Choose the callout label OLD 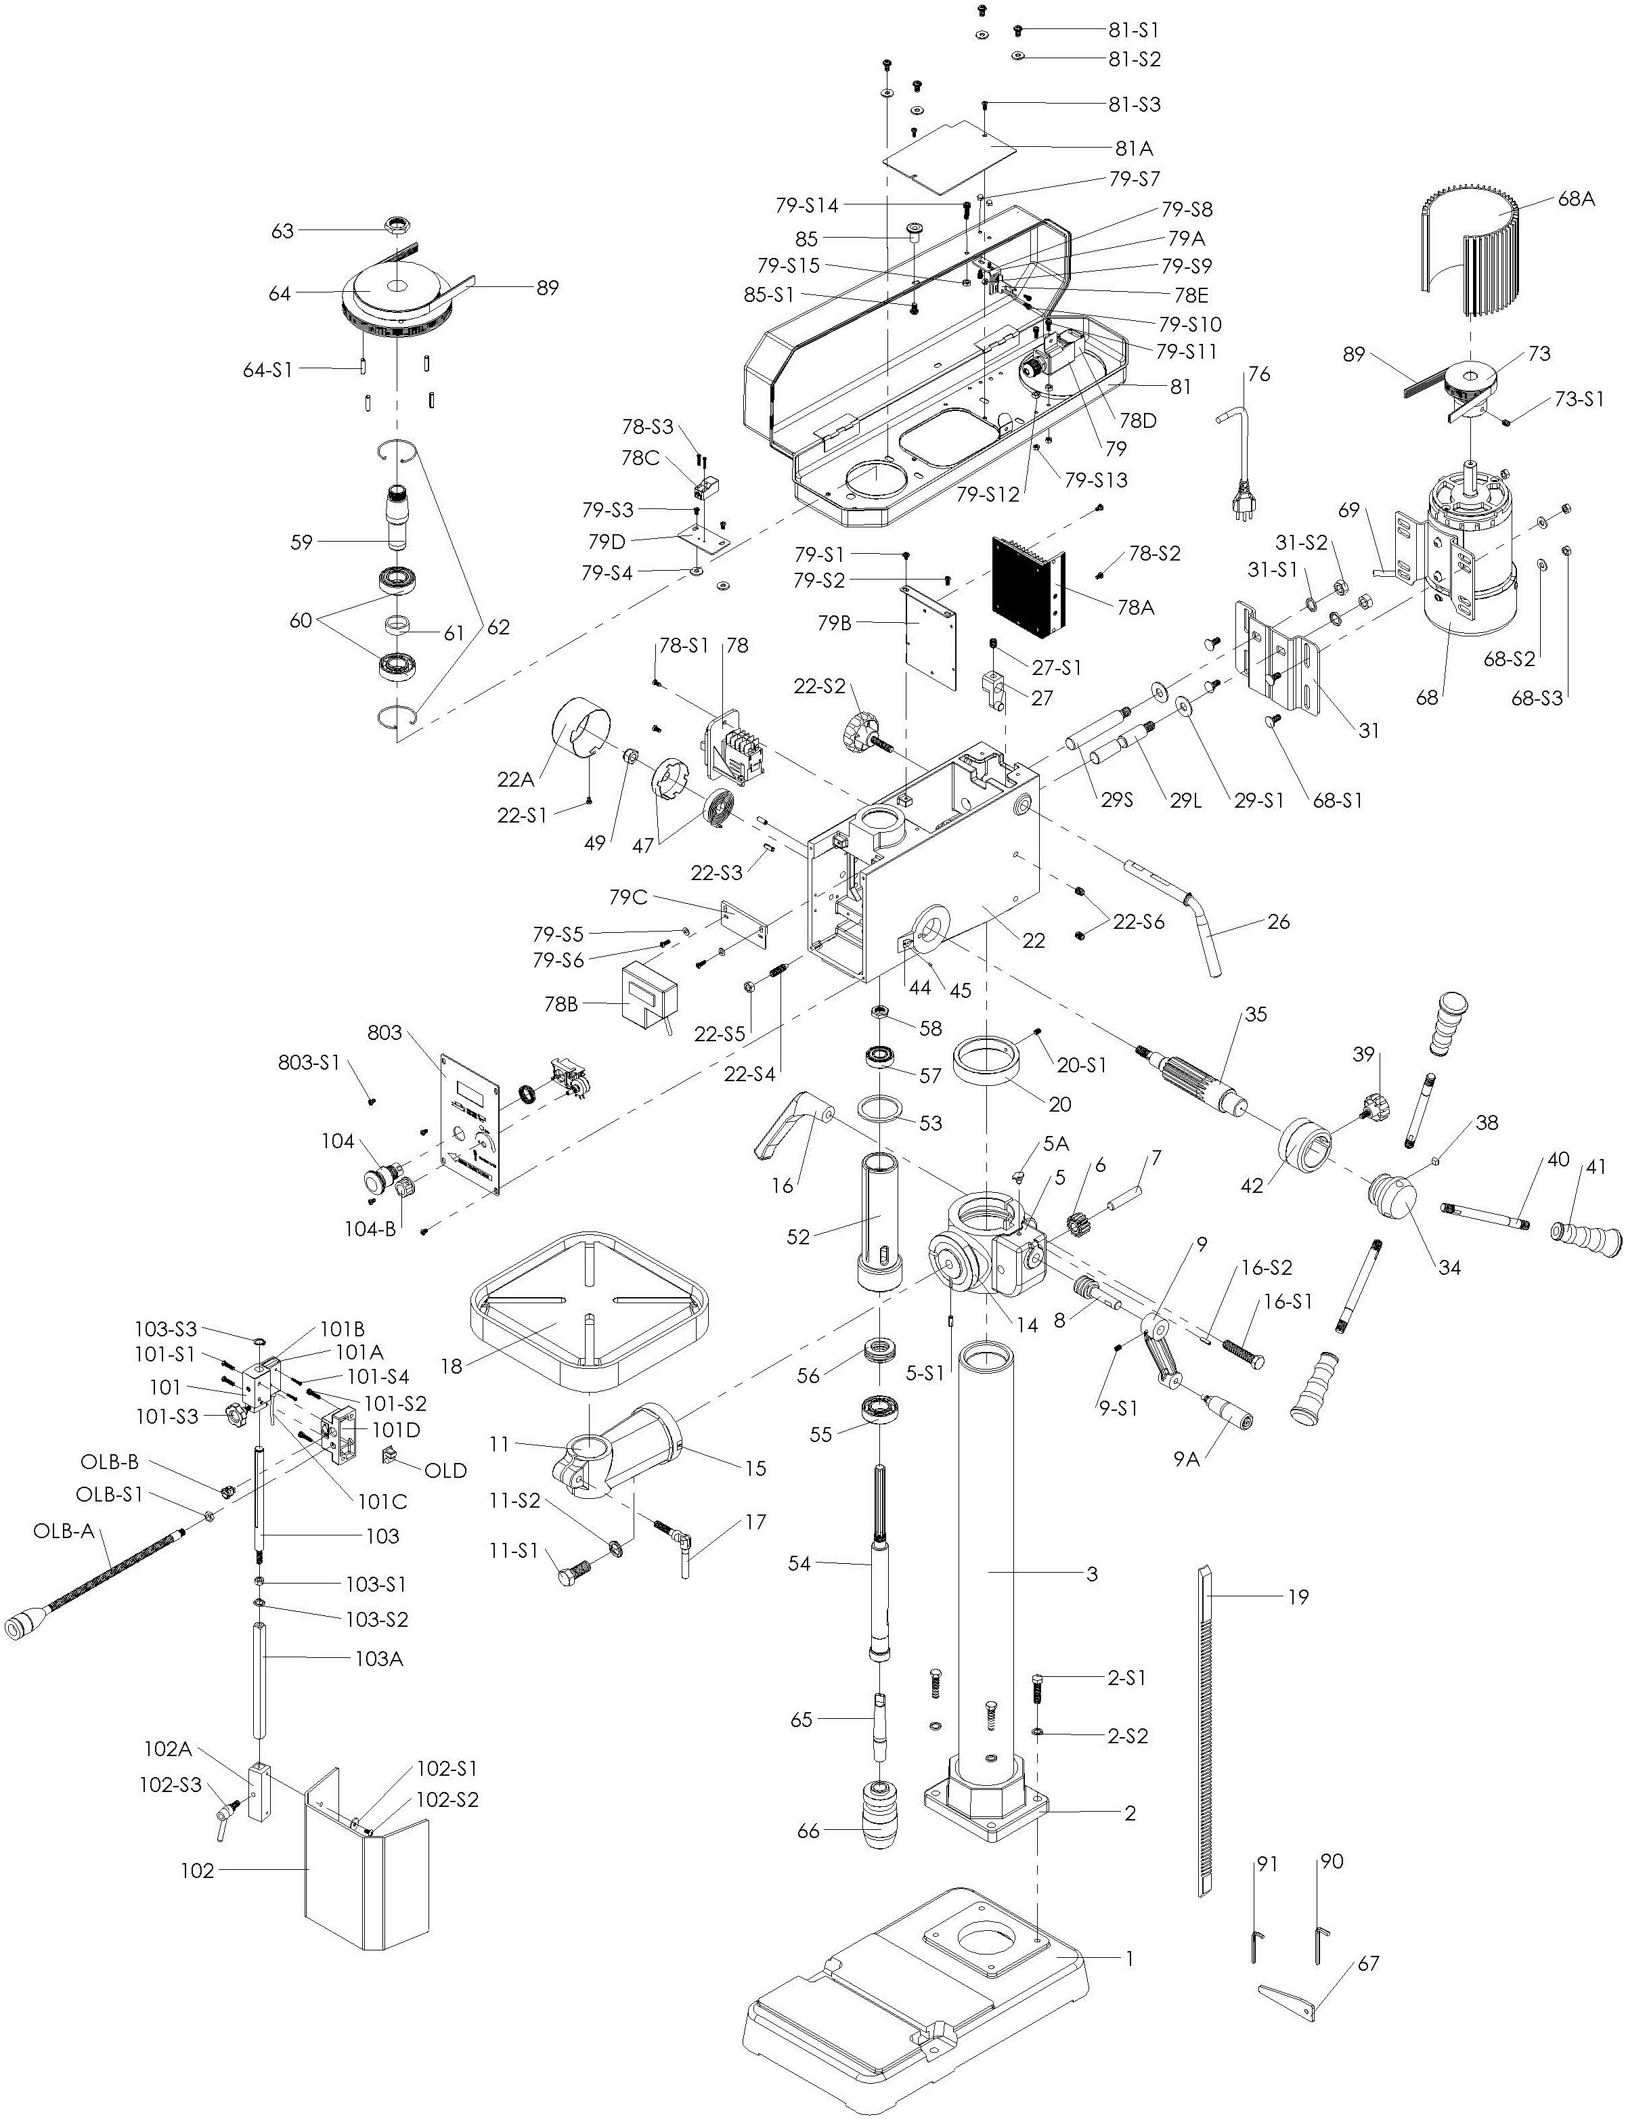click(445, 1470)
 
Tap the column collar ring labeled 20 click(987, 1067)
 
